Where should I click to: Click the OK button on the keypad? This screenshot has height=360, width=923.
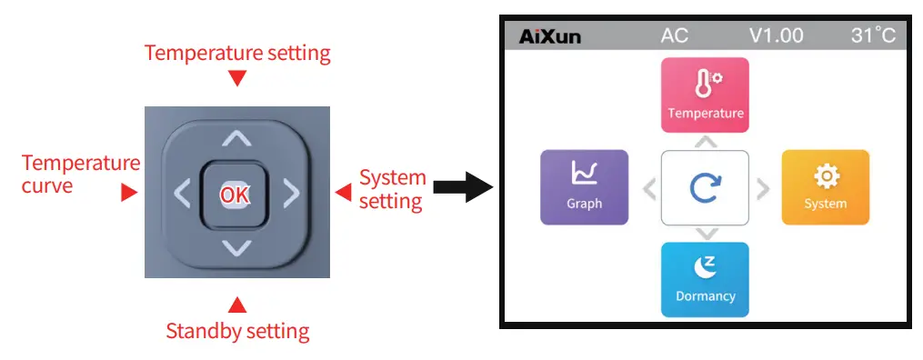(x=236, y=194)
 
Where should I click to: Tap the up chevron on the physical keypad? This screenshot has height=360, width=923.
(x=236, y=139)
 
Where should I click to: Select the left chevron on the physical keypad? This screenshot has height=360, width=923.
(x=182, y=193)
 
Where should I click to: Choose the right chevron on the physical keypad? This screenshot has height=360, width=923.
(x=290, y=193)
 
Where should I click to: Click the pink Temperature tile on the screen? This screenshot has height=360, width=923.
(x=705, y=95)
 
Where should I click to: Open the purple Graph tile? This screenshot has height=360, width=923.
(x=584, y=186)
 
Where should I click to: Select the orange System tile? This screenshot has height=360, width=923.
(x=825, y=186)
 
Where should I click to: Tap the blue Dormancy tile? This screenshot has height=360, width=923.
(x=705, y=279)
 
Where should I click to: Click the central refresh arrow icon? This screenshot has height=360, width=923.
(x=705, y=187)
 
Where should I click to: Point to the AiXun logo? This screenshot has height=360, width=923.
(x=549, y=36)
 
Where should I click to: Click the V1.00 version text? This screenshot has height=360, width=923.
(x=776, y=36)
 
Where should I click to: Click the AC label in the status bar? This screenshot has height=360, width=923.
(x=674, y=36)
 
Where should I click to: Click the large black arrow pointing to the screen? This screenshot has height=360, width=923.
(x=462, y=187)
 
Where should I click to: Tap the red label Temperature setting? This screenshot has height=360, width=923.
(x=237, y=53)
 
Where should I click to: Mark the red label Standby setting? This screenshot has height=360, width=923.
(x=237, y=331)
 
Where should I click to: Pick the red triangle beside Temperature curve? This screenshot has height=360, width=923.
(x=130, y=193)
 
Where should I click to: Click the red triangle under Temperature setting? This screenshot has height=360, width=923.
(x=237, y=79)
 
